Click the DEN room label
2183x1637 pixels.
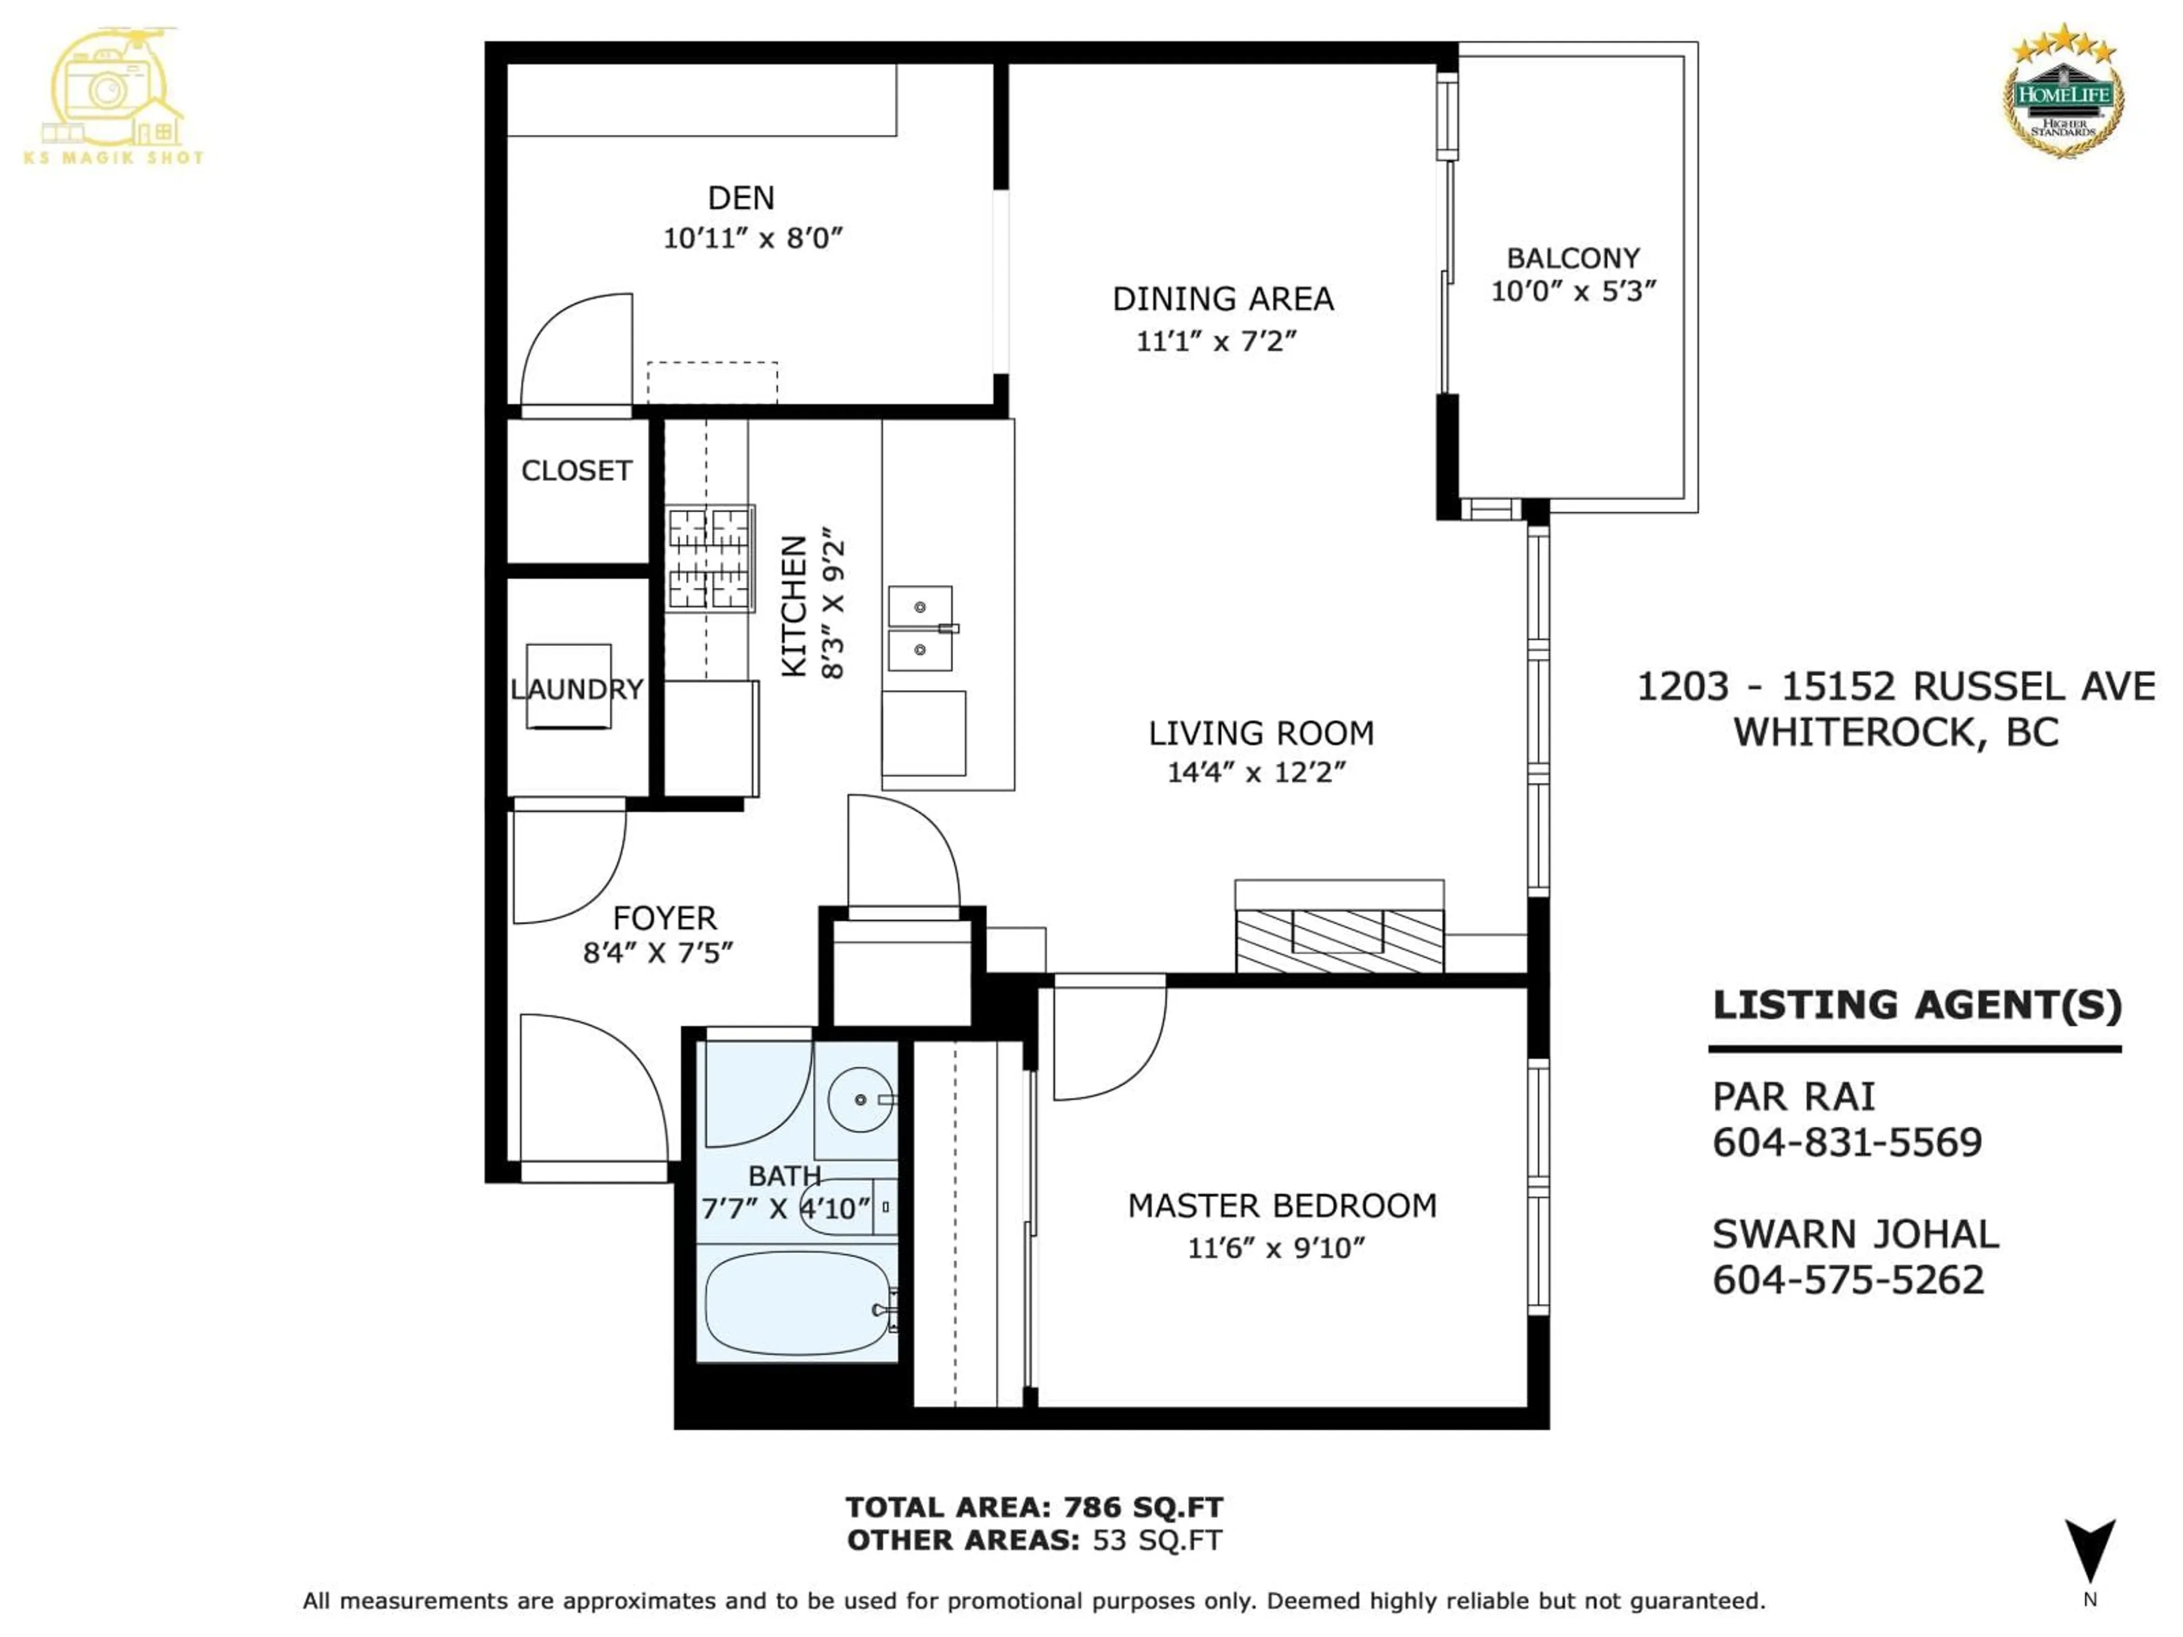tap(741, 198)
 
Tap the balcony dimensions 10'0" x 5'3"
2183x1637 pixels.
tap(1573, 291)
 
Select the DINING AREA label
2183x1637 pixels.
tap(1223, 299)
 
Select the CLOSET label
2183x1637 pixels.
tap(576, 471)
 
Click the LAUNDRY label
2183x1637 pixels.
tap(576, 689)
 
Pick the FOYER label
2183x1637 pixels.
tap(664, 919)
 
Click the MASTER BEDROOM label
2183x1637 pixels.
tap(1282, 1206)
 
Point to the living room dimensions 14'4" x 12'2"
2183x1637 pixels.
tap(1256, 772)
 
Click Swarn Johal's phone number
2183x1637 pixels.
tap(1848, 1280)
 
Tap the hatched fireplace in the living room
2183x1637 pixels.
tap(1339, 940)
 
